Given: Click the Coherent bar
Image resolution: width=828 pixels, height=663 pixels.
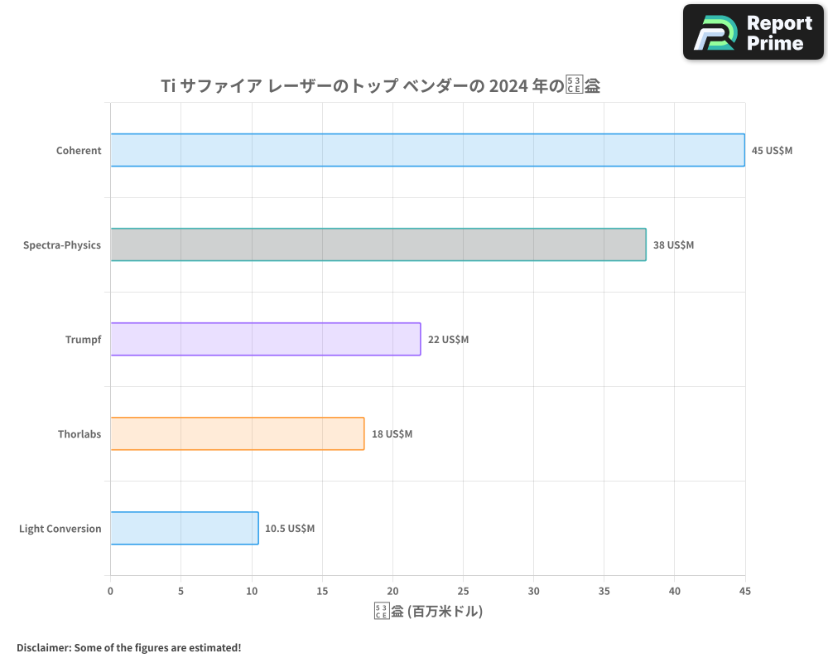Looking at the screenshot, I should [x=427, y=150].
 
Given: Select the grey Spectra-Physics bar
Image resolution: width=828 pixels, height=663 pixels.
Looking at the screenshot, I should [x=378, y=244].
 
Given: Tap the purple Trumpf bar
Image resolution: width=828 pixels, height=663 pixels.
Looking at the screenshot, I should [x=265, y=339].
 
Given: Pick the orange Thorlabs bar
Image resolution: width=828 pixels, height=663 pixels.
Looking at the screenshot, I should [x=237, y=433].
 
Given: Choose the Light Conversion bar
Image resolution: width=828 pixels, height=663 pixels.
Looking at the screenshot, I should [x=184, y=528].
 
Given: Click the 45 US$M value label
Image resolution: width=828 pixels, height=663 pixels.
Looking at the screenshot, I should [x=772, y=151].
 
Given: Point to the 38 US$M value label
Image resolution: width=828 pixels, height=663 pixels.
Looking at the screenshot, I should [x=673, y=245].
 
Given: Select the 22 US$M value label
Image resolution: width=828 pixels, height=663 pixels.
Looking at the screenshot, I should [x=448, y=340].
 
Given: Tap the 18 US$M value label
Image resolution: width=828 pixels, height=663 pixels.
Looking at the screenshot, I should [x=392, y=434].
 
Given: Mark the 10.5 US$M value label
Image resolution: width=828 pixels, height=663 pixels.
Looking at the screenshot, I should [x=290, y=529].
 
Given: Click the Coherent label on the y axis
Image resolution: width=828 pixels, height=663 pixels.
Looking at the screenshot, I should [x=79, y=151].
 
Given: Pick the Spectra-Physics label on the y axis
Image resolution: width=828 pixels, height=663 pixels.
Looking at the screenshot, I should [x=62, y=245].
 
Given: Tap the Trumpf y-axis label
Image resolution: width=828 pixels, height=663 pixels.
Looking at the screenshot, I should [x=83, y=340].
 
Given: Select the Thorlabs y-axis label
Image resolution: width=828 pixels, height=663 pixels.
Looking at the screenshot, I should [x=79, y=434].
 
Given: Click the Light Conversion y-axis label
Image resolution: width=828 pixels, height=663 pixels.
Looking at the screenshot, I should [x=60, y=529].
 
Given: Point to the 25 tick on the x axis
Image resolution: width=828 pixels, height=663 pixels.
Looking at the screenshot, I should [x=463, y=591].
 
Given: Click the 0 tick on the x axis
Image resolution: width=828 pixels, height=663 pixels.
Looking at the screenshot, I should [x=110, y=591].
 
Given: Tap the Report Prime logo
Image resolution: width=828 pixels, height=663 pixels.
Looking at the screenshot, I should [x=753, y=32].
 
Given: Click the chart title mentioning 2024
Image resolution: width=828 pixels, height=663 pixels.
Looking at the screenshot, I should [x=380, y=85].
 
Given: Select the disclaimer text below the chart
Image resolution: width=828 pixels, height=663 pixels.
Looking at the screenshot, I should [x=128, y=647].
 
